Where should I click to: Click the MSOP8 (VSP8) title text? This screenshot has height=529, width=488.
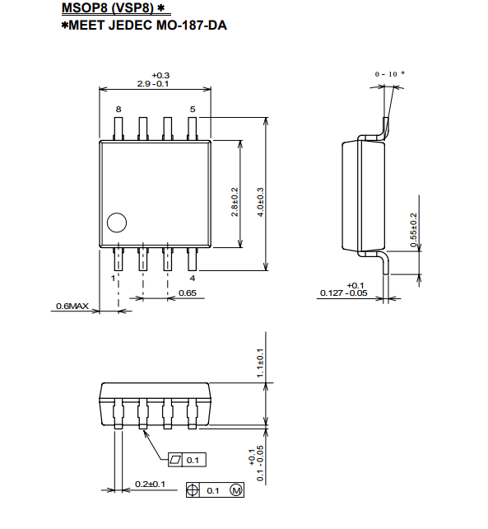coord(108,7)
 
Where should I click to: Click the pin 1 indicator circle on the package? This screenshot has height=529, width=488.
coord(117,222)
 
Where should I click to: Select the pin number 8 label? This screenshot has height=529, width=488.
coord(119,110)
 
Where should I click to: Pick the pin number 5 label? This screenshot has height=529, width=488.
coord(193,110)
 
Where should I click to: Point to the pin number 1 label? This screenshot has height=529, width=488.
coord(114,279)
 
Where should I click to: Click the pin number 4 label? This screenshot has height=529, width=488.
coord(193,279)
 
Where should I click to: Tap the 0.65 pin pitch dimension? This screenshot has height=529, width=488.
coord(188,293)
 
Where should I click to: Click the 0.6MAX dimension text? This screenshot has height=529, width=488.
coord(72,307)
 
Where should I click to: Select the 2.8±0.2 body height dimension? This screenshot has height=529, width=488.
coord(235,202)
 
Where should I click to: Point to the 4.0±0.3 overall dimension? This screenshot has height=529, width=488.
coord(261,202)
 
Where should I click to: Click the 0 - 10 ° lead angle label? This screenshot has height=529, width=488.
coord(389,74)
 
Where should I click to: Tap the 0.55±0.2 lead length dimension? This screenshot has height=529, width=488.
coord(413,230)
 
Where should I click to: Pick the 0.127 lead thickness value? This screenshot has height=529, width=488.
coord(332,293)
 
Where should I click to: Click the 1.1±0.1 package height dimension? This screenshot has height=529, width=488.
coord(260,363)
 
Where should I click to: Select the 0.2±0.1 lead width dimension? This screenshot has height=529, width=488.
coord(151,485)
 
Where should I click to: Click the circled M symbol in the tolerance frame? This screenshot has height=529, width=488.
coord(236,490)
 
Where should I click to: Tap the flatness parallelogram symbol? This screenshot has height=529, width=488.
coord(175,460)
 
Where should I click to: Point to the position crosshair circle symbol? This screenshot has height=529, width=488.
coord(191,490)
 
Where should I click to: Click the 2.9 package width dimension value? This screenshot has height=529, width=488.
coord(143,84)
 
